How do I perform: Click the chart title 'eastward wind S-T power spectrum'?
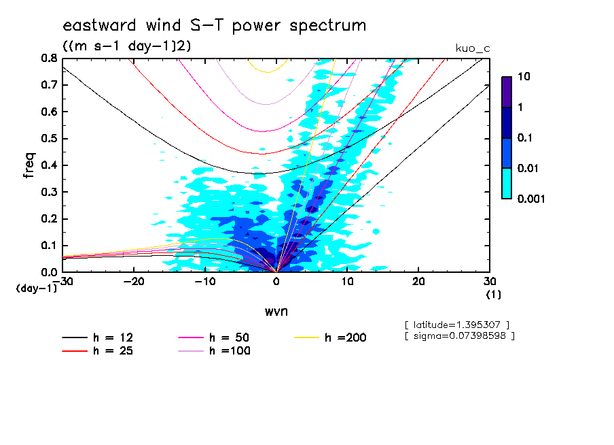pos(214,26)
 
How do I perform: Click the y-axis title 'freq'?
pos(29,165)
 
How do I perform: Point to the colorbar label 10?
pos(525,77)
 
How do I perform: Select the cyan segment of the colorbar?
pos(507,184)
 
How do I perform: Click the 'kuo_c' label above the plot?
pos(473,48)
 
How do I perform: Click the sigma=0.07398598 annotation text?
pos(459,335)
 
